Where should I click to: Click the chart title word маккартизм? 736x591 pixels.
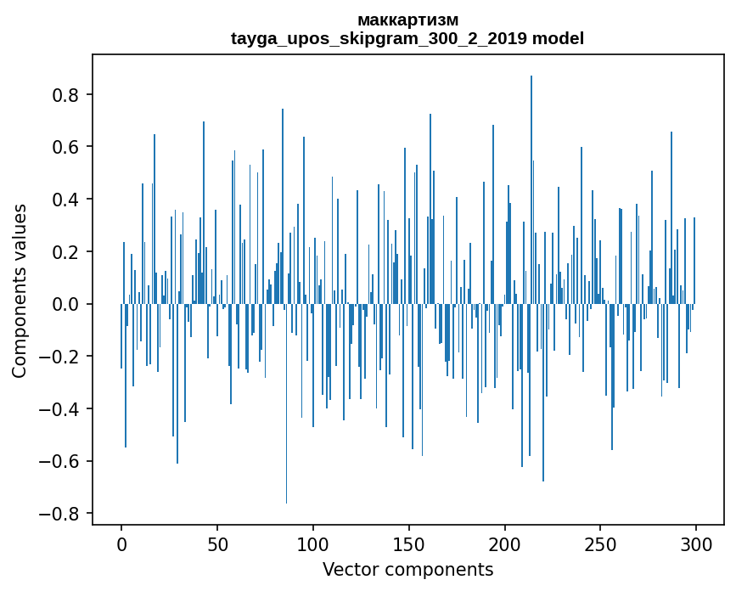point(407,20)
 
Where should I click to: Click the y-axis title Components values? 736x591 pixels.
point(20,290)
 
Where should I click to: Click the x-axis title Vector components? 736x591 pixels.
point(407,570)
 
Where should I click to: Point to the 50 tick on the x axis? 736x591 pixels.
point(217,543)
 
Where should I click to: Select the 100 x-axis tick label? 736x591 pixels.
point(313,543)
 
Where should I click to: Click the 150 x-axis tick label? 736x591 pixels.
point(409,543)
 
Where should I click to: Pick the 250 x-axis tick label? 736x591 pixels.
point(600,543)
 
